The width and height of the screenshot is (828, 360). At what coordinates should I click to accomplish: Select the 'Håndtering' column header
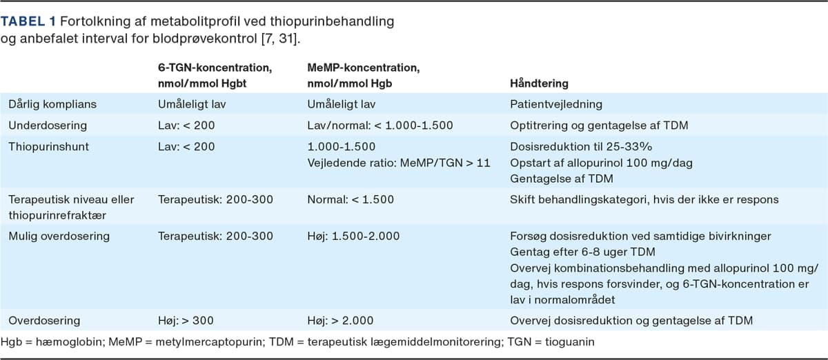[x=539, y=83]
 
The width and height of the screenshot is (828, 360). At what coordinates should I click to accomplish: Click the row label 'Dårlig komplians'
[x=52, y=105]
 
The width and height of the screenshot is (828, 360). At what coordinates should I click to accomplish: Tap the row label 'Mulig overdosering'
[x=59, y=236]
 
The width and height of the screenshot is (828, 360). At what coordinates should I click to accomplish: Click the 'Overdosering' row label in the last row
[x=44, y=320]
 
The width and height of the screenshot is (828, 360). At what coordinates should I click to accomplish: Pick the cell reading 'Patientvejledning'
[x=555, y=105]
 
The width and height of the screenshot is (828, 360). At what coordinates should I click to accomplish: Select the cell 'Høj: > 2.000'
[x=340, y=320]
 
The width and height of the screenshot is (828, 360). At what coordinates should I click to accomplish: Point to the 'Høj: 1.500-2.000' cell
[x=353, y=236]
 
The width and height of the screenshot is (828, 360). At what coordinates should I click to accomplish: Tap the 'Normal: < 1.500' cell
[x=351, y=199]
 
